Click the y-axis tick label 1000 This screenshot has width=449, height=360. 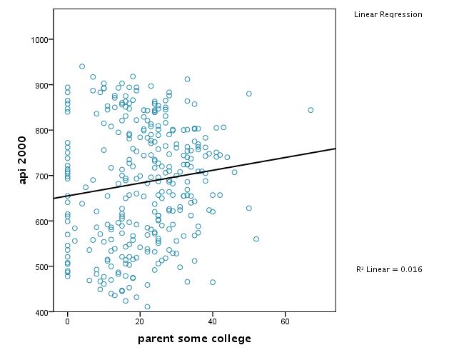pos(38,39)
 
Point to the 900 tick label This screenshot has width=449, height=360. pos(40,85)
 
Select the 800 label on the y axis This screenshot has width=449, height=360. pos(40,131)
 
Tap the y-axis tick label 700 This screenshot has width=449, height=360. pos(40,176)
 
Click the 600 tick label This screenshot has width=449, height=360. pos(40,221)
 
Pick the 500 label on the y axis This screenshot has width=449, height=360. pos(40,266)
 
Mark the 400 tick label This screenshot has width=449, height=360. pos(40,312)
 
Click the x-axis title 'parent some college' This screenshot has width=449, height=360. pos(194,338)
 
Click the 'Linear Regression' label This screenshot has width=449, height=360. pos(388,14)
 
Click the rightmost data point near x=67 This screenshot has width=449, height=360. pos(311,110)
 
